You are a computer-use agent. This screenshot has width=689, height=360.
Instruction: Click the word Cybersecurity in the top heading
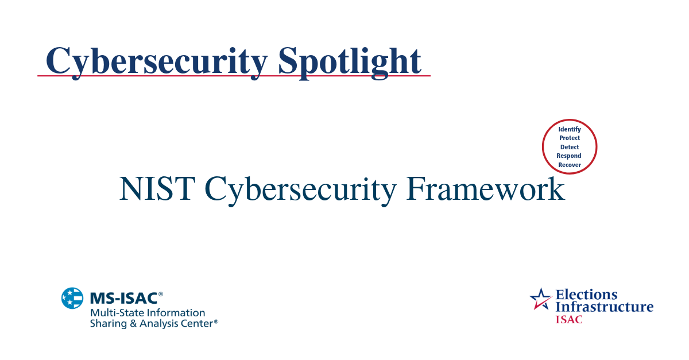point(156,60)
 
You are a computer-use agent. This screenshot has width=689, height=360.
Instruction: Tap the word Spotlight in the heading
point(350,60)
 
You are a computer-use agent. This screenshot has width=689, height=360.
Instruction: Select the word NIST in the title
point(157,189)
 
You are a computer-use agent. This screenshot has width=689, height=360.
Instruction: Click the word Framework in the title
point(485,189)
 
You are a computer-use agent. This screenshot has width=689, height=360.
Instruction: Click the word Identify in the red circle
point(570,129)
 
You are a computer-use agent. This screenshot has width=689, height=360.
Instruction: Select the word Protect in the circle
point(570,138)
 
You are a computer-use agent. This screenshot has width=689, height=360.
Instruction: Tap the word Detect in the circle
point(570,147)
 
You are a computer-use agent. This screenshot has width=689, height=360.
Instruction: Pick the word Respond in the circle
point(569,156)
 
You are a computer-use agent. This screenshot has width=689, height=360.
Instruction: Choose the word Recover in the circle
point(570,165)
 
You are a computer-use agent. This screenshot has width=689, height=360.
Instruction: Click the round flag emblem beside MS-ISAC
point(72,298)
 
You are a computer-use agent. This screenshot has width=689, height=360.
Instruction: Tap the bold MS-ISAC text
point(123,299)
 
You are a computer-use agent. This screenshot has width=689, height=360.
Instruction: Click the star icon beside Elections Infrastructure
point(540,299)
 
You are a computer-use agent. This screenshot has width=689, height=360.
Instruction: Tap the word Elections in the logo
point(586,295)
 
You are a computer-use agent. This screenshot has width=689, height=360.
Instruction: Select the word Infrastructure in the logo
point(604,307)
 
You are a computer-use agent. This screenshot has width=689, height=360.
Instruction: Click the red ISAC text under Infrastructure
point(568,319)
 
